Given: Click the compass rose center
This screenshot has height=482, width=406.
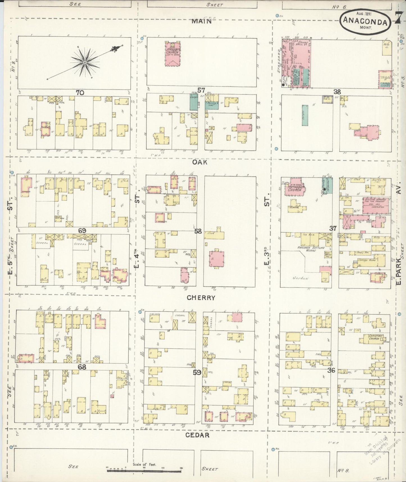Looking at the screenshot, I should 84,62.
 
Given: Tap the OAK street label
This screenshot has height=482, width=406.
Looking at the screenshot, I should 200,162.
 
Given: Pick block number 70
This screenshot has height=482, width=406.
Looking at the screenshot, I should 80,92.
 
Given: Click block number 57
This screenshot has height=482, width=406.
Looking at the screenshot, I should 201,91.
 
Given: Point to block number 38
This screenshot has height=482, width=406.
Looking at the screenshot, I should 337,92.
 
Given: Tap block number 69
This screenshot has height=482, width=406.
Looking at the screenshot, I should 82,231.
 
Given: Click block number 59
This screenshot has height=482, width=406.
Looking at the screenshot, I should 197,373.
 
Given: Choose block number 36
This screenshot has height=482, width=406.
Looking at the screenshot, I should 332,370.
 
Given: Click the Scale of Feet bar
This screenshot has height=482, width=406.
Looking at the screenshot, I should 144,469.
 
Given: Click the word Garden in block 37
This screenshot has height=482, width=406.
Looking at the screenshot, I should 301,278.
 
